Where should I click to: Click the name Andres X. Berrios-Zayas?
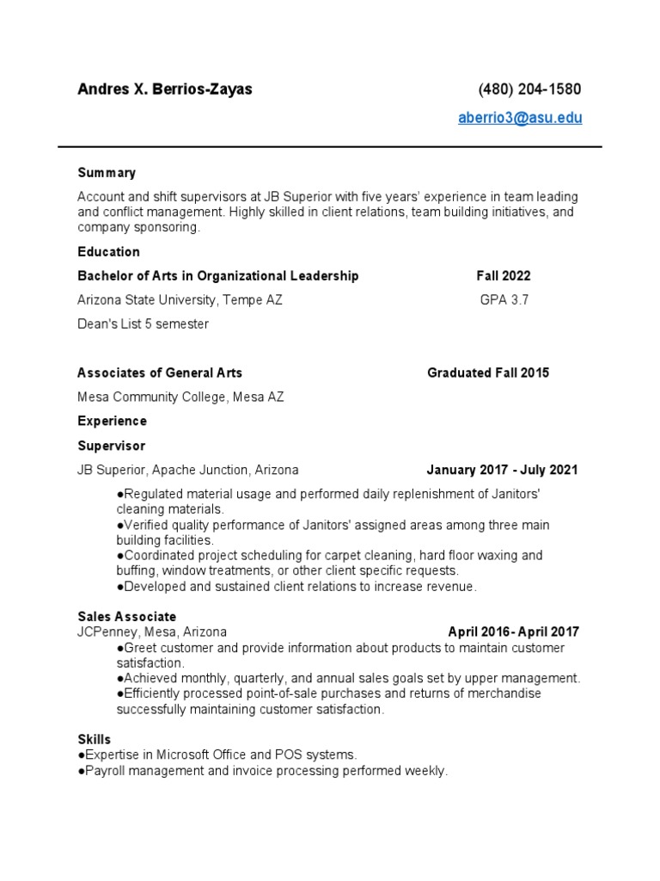click(x=165, y=89)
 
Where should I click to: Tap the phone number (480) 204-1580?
click(x=529, y=89)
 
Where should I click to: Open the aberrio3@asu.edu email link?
click(x=520, y=118)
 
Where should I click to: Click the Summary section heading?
click(x=107, y=173)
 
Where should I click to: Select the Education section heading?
click(x=108, y=252)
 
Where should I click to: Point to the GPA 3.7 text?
click(x=504, y=300)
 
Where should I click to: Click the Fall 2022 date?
click(x=504, y=276)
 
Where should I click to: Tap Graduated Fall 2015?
click(x=488, y=373)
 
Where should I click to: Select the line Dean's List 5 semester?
click(x=143, y=324)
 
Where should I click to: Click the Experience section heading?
click(x=112, y=421)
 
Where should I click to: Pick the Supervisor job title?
click(x=111, y=446)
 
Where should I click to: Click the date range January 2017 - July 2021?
click(x=502, y=470)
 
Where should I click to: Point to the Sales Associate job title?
click(x=126, y=617)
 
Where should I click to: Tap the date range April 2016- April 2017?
click(x=513, y=631)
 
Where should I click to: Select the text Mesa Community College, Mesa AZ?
click(x=180, y=397)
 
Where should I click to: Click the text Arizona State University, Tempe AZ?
click(x=180, y=300)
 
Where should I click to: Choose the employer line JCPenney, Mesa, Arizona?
click(x=152, y=631)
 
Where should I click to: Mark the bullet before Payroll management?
click(x=81, y=771)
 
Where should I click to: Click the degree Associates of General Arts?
click(x=160, y=373)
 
